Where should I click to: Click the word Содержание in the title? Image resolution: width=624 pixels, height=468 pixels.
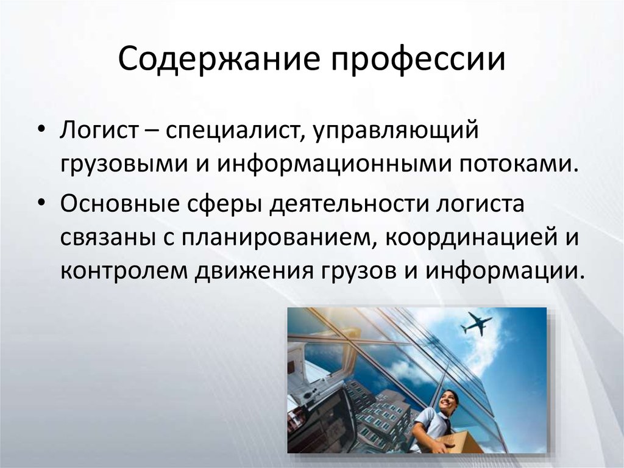(219, 60)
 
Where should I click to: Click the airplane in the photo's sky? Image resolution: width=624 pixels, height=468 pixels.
(477, 323)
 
